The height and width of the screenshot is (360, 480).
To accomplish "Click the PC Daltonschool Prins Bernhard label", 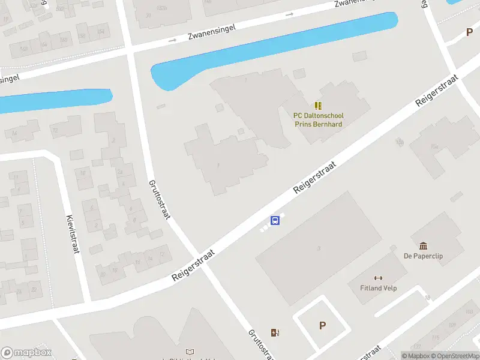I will (x=318, y=120).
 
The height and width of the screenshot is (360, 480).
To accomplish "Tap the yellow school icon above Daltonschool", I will (x=318, y=105).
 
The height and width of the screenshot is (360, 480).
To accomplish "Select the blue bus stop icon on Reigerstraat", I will (x=275, y=220).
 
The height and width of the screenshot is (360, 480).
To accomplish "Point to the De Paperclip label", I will (x=423, y=256).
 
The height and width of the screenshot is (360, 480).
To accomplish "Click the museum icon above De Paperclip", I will (x=424, y=245).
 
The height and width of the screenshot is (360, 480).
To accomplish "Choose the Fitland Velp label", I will (x=378, y=288).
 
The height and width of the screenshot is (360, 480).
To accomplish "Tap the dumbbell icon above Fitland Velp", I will (x=378, y=278).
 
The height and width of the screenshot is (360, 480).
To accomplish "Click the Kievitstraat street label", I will (x=73, y=234).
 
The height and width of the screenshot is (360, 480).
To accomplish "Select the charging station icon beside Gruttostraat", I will (x=275, y=332).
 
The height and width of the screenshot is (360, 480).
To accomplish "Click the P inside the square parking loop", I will (x=322, y=326).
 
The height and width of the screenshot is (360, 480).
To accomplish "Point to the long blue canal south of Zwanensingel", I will (x=270, y=51).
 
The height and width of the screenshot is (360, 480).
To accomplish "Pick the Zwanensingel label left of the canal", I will (x=211, y=28).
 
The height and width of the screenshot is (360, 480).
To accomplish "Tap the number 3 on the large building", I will (x=319, y=248).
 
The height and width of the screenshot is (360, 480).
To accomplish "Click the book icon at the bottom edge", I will (x=190, y=352).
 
